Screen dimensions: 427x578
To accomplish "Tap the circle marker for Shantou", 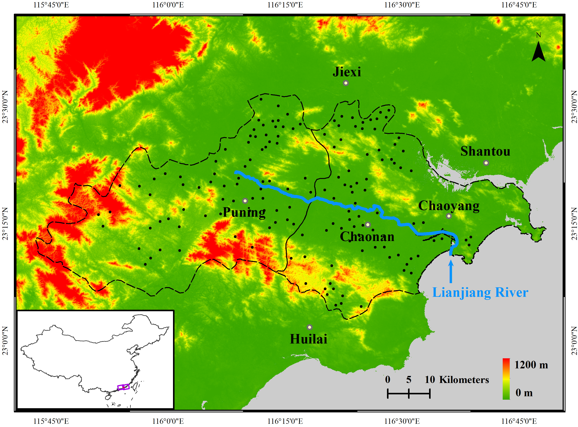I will [x=486, y=163].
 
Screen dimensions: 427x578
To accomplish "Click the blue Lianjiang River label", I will [x=480, y=293].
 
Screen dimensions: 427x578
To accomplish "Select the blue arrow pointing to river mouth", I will [x=451, y=271].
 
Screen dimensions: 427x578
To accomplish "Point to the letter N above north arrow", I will [x=539, y=35].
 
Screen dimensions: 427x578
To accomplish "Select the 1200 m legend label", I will [x=531, y=365].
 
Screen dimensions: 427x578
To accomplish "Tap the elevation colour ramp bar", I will [x=506, y=379].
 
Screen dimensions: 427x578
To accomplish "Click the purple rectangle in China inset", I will [x=123, y=387].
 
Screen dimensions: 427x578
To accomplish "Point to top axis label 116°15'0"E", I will [x=285, y=5].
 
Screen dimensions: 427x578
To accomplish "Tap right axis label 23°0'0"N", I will [x=574, y=341].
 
